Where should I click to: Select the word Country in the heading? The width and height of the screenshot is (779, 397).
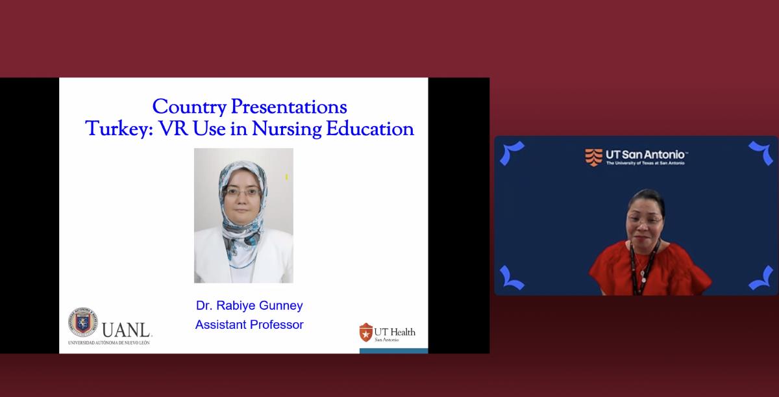[190, 107]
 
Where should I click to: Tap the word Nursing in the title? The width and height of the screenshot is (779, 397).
[287, 129]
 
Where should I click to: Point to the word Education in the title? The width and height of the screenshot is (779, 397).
[370, 129]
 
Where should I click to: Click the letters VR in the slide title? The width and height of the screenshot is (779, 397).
[173, 129]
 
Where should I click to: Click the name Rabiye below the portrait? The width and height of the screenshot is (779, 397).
[236, 305]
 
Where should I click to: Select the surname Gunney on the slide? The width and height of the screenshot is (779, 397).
[281, 306]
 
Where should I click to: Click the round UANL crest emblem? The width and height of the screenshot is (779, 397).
[83, 322]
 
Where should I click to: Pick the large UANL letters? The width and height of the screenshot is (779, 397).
[127, 330]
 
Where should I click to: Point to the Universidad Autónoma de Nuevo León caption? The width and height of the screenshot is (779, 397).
[109, 342]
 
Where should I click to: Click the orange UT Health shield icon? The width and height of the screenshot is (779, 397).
[365, 332]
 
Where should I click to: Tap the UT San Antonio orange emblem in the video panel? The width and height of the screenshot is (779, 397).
[593, 158]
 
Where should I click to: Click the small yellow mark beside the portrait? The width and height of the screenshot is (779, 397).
[286, 177]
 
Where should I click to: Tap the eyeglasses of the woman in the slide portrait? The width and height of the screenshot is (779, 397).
[242, 192]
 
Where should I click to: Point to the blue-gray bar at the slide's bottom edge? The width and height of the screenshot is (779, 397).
[393, 351]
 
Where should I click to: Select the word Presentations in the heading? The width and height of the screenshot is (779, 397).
[289, 107]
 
